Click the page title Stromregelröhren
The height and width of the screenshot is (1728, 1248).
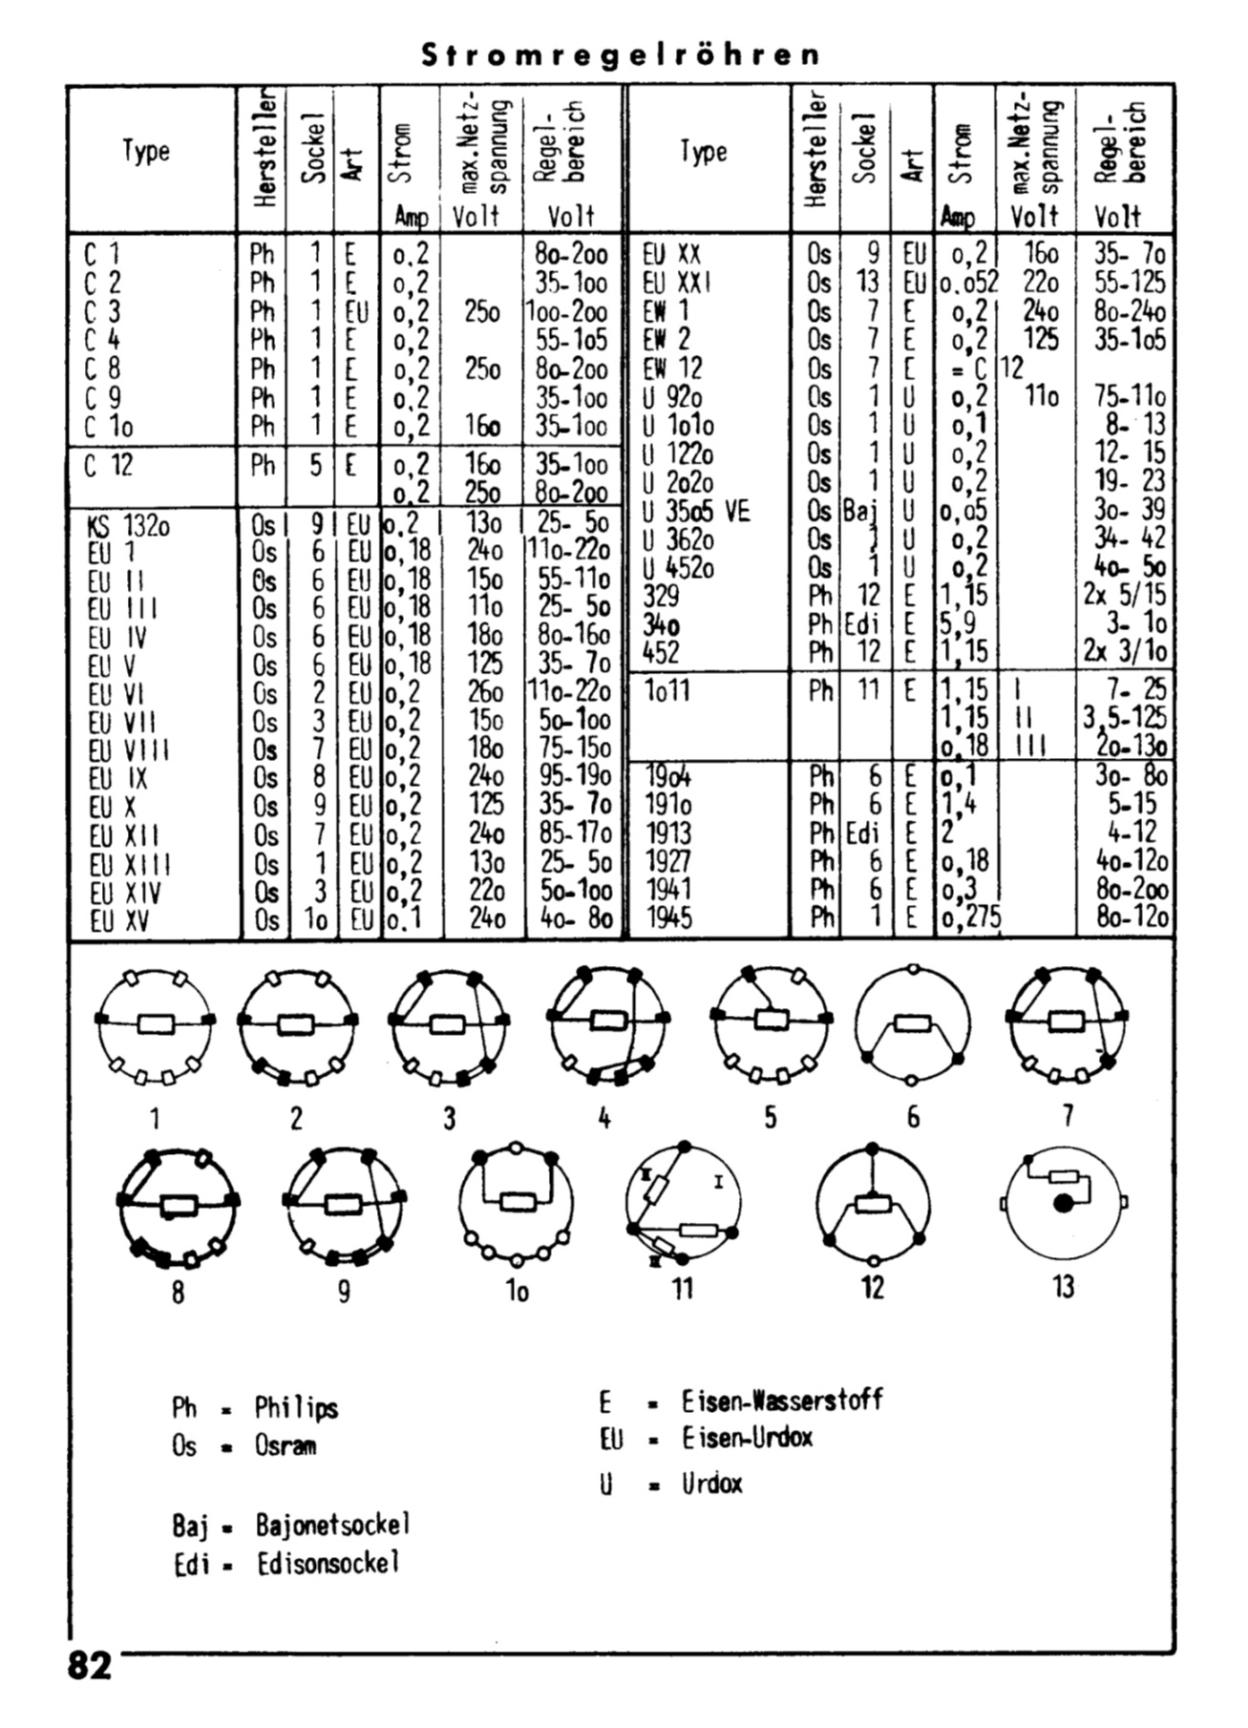(x=621, y=54)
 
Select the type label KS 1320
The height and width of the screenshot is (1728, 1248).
(x=127, y=524)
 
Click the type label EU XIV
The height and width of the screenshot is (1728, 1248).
(x=124, y=893)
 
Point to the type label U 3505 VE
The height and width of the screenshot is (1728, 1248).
(x=696, y=512)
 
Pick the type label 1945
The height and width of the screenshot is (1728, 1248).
(x=669, y=917)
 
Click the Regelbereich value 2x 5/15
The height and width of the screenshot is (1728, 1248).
(x=1124, y=595)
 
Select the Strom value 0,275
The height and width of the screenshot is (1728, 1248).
(x=969, y=917)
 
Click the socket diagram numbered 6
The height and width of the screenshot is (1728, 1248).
(x=912, y=1024)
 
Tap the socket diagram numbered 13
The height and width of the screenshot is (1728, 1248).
(x=1063, y=1200)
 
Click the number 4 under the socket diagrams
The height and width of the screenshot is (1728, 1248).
(x=603, y=1118)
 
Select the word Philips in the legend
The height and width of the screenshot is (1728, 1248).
(x=296, y=1408)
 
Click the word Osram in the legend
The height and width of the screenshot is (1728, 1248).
(x=285, y=1445)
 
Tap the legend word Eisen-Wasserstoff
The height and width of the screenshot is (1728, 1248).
(x=782, y=1401)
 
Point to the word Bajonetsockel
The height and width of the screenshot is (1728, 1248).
(x=332, y=1525)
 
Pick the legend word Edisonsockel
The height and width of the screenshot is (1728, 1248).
(x=328, y=1564)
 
